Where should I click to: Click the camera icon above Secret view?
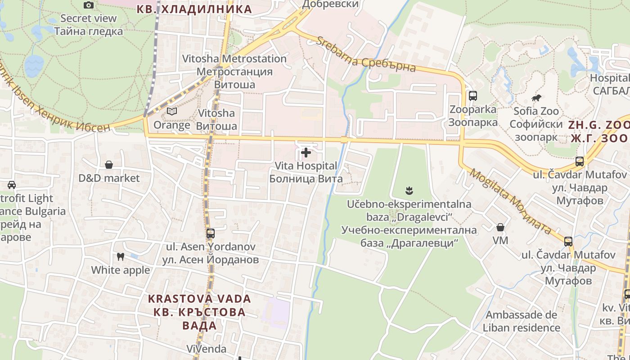pos(89,5)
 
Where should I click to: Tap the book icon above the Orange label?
pos(172,111)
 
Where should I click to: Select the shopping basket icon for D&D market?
pos(109,165)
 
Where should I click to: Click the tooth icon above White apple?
pos(120,257)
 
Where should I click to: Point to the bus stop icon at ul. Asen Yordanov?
pos(211,234)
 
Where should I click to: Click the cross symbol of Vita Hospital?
pos(306,153)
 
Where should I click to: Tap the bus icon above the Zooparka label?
pos(473,95)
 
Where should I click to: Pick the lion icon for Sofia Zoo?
pos(536,98)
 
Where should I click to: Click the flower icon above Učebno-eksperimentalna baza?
pos(409,191)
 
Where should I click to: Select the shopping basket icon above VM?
pos(500,227)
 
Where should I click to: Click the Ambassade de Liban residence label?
pos(521,321)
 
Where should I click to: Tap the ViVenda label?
pos(207,349)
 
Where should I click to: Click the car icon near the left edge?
pos(12,184)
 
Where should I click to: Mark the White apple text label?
pos(121,270)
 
